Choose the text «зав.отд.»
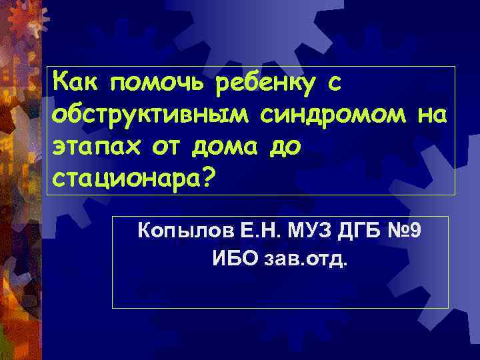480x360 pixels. (x=306, y=258)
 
